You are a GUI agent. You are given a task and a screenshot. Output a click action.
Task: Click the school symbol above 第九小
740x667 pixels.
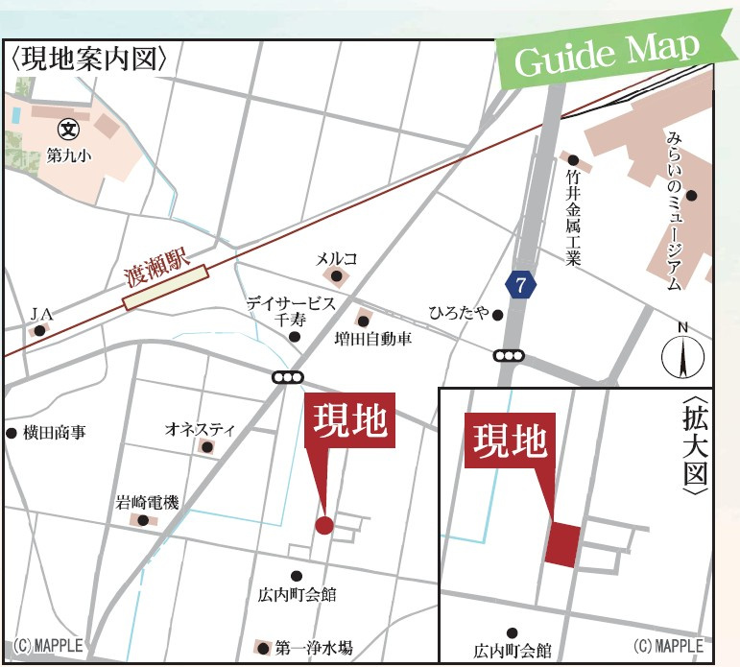pos(68,128)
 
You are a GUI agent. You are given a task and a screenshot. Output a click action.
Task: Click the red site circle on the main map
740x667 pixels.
pos(324,525)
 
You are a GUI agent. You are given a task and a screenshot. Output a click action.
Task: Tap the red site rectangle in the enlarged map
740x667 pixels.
pos(562,544)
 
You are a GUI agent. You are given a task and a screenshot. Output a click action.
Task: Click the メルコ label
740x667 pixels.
pos(337,259)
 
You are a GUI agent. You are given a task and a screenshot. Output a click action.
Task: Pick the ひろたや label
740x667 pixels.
pos(460,313)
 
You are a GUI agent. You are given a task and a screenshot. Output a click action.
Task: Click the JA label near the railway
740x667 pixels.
pos(39,313)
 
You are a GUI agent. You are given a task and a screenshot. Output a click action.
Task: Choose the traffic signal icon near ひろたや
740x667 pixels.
pos(510,355)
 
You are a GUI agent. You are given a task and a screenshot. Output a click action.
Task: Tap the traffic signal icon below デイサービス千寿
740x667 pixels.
pos(287,378)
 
